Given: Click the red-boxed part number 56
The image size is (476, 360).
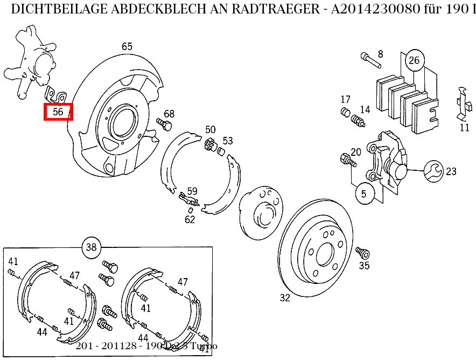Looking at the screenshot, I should click(58, 112).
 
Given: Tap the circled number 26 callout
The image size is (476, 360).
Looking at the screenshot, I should click(414, 60).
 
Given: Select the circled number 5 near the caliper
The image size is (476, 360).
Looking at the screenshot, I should click(364, 193).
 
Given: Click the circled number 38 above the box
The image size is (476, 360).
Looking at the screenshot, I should click(91, 247).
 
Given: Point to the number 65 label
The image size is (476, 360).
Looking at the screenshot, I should click(127, 47).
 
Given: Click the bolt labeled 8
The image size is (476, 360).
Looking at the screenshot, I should click(369, 60).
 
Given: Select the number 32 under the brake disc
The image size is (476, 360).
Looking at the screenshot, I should click(285, 297).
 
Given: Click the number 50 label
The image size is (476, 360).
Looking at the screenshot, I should click(210, 130).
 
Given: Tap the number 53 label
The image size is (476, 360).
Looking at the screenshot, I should click(228, 141).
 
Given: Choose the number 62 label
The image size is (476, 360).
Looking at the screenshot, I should click(190, 219).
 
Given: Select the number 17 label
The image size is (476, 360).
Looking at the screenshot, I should click(345, 100).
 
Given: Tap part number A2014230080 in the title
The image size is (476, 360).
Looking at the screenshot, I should click(375, 9).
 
